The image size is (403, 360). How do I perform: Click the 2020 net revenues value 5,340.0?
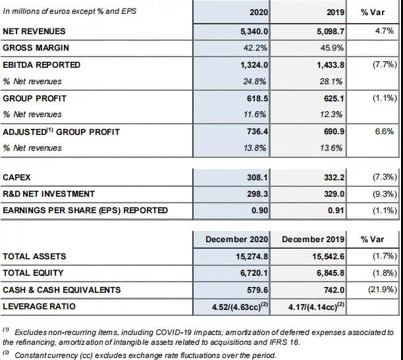(x=254, y=32)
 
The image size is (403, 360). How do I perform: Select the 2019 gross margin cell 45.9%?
(x=332, y=48)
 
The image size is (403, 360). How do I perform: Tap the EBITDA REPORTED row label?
(x=41, y=65)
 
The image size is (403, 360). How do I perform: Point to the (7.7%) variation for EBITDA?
(x=385, y=64)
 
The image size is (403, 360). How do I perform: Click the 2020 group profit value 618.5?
(x=257, y=99)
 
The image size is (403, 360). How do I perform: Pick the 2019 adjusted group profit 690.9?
(x=334, y=132)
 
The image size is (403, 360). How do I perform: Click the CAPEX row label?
(x=16, y=177)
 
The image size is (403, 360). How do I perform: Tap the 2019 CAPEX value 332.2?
(x=334, y=177)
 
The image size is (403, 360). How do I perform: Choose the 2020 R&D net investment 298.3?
(x=257, y=194)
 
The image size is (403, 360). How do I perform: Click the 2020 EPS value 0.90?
(x=259, y=211)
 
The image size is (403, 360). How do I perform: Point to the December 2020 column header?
(x=236, y=240)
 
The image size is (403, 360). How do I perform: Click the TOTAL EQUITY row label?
(x=33, y=273)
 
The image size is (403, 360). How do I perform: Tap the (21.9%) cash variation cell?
(x=383, y=290)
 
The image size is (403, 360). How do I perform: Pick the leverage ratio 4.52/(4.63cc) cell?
(x=240, y=306)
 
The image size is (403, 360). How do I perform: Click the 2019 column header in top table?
(x=335, y=13)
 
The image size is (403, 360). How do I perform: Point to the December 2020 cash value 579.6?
(x=257, y=290)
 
